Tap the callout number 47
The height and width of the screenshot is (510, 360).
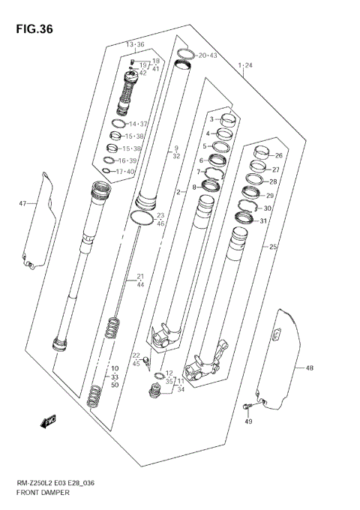pos(22,202)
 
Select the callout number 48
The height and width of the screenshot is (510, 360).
pos(309,367)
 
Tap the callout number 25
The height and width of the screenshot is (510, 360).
pos(274,247)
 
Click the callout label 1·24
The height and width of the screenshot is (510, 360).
pos(245,66)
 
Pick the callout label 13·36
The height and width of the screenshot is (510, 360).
pos(135,45)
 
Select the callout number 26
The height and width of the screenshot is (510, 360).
pos(278,156)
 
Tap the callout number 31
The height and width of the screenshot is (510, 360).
pos(263,220)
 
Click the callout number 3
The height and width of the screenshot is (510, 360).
pos(211,119)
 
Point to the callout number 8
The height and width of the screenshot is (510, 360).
pos(193,187)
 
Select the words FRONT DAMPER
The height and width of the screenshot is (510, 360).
pos(43,493)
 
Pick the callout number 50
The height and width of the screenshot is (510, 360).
pos(115,385)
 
